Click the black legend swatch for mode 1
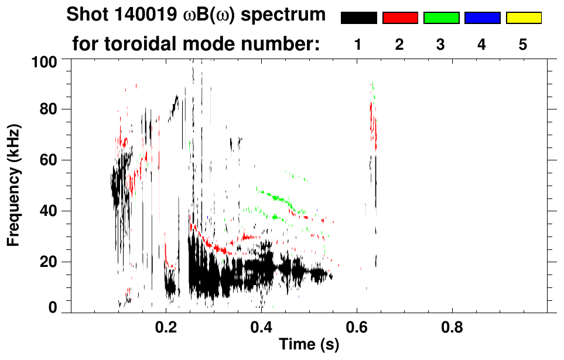[358, 18]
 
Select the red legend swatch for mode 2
[400, 18]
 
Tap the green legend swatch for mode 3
[441, 18]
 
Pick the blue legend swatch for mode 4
[482, 18]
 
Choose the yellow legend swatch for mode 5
[524, 18]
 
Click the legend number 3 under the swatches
[441, 44]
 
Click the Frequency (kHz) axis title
[16, 186]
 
